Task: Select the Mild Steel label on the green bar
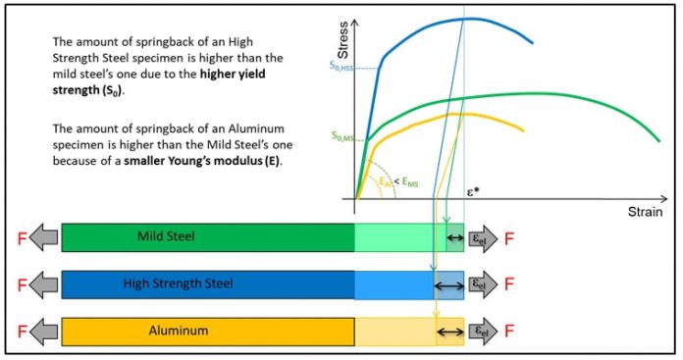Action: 166,236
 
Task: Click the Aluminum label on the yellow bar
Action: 178,332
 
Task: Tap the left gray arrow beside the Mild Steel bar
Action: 43,236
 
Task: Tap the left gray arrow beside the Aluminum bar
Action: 43,332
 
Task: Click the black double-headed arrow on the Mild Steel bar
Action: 454,236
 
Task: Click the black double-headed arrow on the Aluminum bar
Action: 449,332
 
